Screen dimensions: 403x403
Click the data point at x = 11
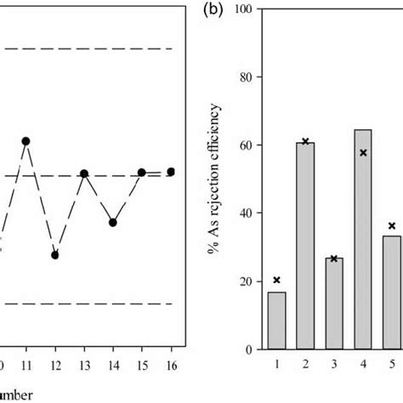point(26,141)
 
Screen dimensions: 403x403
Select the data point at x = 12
point(55,254)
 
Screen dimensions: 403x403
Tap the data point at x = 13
point(84,173)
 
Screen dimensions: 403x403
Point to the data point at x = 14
point(113,223)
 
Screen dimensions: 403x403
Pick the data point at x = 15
point(142,173)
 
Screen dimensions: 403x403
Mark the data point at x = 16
point(171,172)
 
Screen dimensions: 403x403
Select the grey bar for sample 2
point(305,246)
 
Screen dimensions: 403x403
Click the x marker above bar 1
point(276,280)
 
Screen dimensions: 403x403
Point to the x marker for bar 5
point(392,226)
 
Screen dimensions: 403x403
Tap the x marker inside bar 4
point(363,153)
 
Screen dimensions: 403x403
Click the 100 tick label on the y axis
point(244,9)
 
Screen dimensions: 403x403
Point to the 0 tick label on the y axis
point(249,349)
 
